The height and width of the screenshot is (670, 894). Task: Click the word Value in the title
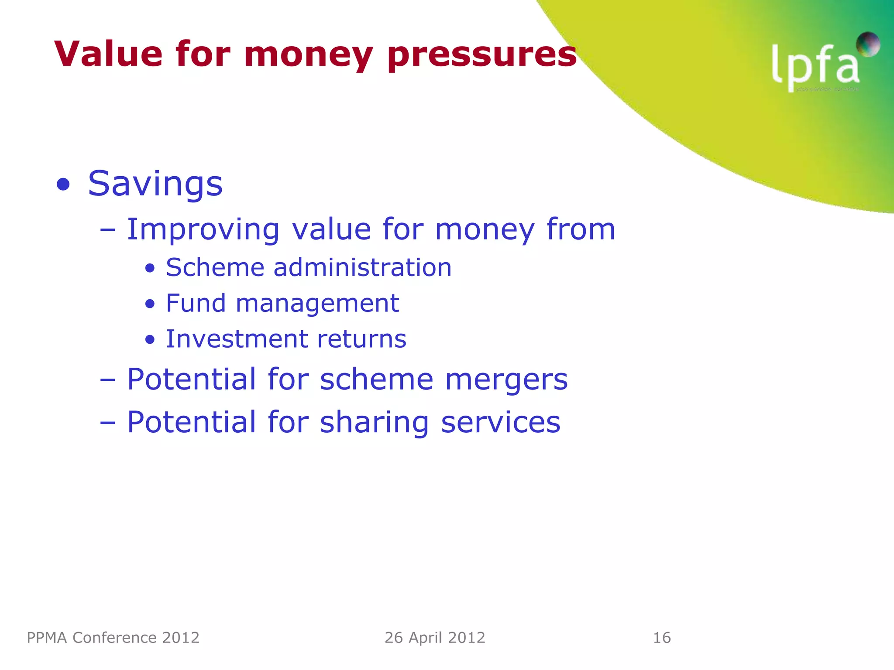point(108,54)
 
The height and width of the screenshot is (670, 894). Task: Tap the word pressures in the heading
point(482,56)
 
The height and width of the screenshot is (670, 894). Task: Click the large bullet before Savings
point(63,185)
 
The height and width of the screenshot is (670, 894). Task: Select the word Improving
point(203,229)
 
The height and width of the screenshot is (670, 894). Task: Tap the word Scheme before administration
point(215,267)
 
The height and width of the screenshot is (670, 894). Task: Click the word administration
point(362,267)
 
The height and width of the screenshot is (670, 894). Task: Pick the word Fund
point(196,303)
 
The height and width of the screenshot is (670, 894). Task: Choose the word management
point(317,304)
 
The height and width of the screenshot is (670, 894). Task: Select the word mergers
point(506,380)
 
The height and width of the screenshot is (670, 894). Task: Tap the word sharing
point(375,423)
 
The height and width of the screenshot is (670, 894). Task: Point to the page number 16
point(662,638)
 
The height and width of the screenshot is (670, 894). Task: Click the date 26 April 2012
point(435,638)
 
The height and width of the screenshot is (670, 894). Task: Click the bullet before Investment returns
point(150,339)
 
